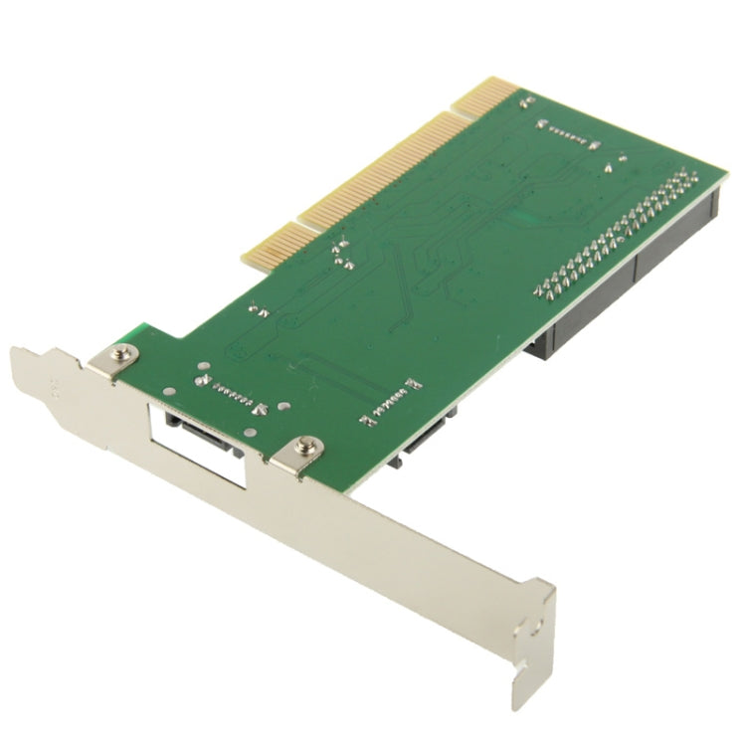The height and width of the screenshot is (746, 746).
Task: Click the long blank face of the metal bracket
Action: pyautogui.click(x=398, y=537)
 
